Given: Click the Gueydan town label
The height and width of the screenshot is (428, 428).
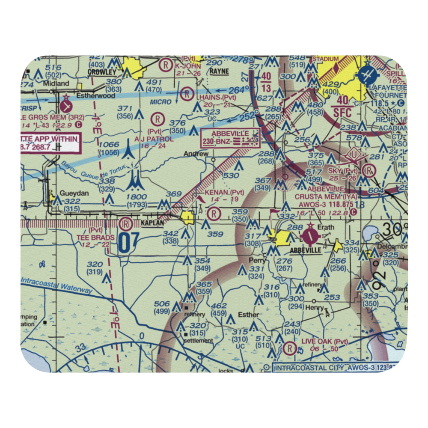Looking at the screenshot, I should click(x=74, y=193).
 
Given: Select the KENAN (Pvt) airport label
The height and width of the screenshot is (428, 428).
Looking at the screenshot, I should click(x=224, y=193).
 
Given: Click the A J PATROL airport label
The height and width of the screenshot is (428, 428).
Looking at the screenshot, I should click(x=154, y=139).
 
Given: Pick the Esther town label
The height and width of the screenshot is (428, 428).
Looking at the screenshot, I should click(x=249, y=315).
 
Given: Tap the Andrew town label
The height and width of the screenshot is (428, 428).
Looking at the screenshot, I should click(x=196, y=154).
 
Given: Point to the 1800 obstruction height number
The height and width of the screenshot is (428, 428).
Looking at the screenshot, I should click(x=136, y=197).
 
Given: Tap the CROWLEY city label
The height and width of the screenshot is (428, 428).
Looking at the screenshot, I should click(x=102, y=73).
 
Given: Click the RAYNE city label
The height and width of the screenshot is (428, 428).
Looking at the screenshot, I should click(x=219, y=71).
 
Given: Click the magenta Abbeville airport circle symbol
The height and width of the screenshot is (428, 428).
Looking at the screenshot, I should click(x=309, y=235).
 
